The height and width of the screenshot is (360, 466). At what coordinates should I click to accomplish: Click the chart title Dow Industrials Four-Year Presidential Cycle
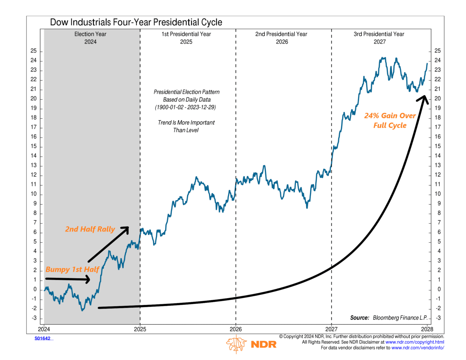[x=136, y=22]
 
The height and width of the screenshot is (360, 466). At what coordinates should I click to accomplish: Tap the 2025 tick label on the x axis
[x=140, y=329]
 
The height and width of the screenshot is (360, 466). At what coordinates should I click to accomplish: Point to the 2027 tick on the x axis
[x=331, y=329]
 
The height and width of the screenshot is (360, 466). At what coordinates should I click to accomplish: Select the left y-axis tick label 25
[x=33, y=51]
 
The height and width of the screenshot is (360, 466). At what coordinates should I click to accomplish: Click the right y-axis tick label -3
[x=438, y=318]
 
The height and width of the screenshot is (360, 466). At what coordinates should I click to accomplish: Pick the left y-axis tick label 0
[x=35, y=289]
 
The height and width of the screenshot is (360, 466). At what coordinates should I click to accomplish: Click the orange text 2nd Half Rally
[x=90, y=229]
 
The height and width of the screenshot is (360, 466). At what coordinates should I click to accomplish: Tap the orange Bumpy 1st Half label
[x=72, y=269]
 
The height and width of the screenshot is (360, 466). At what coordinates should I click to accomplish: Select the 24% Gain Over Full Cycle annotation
[x=390, y=120]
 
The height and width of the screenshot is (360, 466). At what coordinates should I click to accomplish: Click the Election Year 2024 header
[x=90, y=38]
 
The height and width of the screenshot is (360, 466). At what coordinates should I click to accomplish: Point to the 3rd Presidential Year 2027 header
[x=379, y=38]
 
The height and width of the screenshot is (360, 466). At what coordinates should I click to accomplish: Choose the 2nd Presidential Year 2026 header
[x=281, y=38]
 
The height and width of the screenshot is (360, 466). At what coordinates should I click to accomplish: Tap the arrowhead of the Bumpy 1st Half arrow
[x=88, y=279]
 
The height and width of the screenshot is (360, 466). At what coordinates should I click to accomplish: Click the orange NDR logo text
[x=264, y=344]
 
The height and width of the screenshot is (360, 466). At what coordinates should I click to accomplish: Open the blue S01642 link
[x=43, y=339]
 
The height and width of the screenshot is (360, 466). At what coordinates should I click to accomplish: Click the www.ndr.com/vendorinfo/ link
[x=418, y=348]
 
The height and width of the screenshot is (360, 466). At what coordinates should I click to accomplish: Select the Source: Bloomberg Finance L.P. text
[x=389, y=318]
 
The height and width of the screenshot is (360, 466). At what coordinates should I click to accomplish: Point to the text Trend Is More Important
[x=186, y=123]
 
